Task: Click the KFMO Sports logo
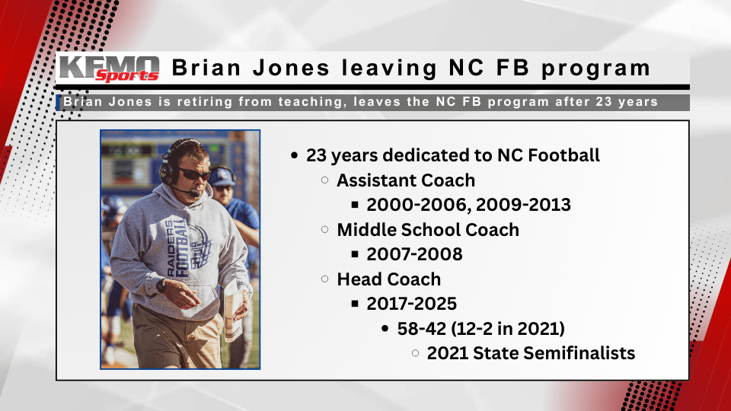click(x=108, y=68)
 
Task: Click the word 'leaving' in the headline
click(x=387, y=68)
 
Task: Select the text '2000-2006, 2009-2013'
click(x=468, y=205)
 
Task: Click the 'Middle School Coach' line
click(x=428, y=229)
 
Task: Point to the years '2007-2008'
click(x=414, y=253)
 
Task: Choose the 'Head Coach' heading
click(x=388, y=279)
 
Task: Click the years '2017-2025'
click(x=411, y=303)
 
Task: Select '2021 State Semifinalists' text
click(x=531, y=352)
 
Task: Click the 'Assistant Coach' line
click(x=406, y=180)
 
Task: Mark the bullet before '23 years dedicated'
click(x=295, y=156)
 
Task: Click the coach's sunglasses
click(x=193, y=174)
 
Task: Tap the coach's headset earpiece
click(x=167, y=168)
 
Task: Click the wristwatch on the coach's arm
click(x=161, y=285)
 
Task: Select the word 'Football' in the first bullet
click(x=562, y=155)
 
